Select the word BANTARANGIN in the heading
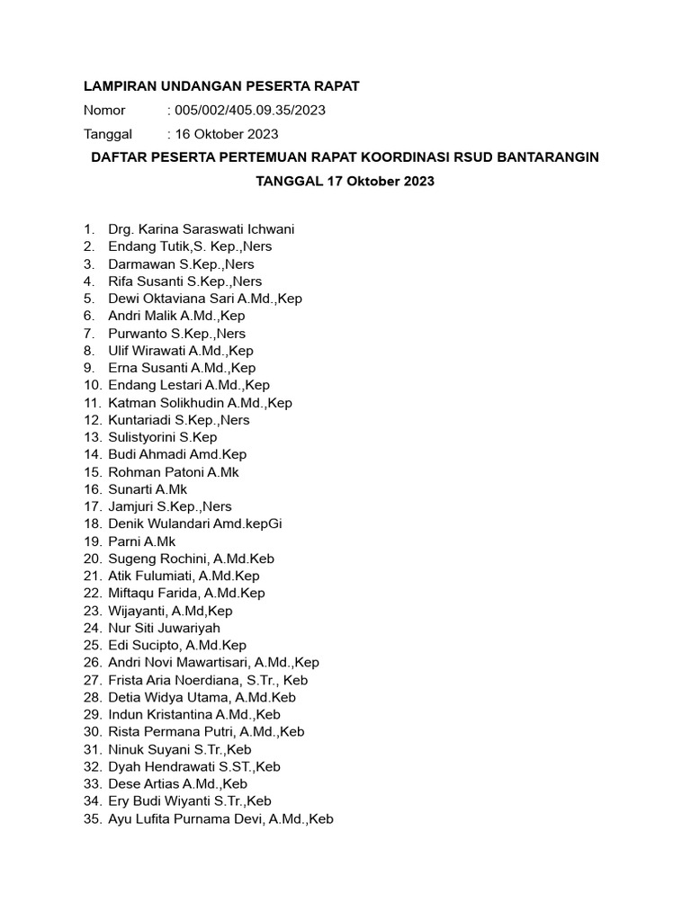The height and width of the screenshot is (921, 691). coord(544,157)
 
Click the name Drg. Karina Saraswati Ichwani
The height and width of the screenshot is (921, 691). coord(201,229)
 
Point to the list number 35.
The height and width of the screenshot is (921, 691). coord(91,819)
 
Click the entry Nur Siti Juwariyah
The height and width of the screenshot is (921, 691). coord(164,628)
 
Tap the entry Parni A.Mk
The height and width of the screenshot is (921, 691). coord(141,541)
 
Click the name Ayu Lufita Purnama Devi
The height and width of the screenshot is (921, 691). coord(185,819)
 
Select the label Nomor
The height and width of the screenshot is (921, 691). coord(104,111)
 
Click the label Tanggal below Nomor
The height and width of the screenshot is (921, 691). coord(107,134)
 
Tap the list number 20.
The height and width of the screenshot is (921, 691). coord(91,559)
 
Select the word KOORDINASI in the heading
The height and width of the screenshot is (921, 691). coord(413,157)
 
